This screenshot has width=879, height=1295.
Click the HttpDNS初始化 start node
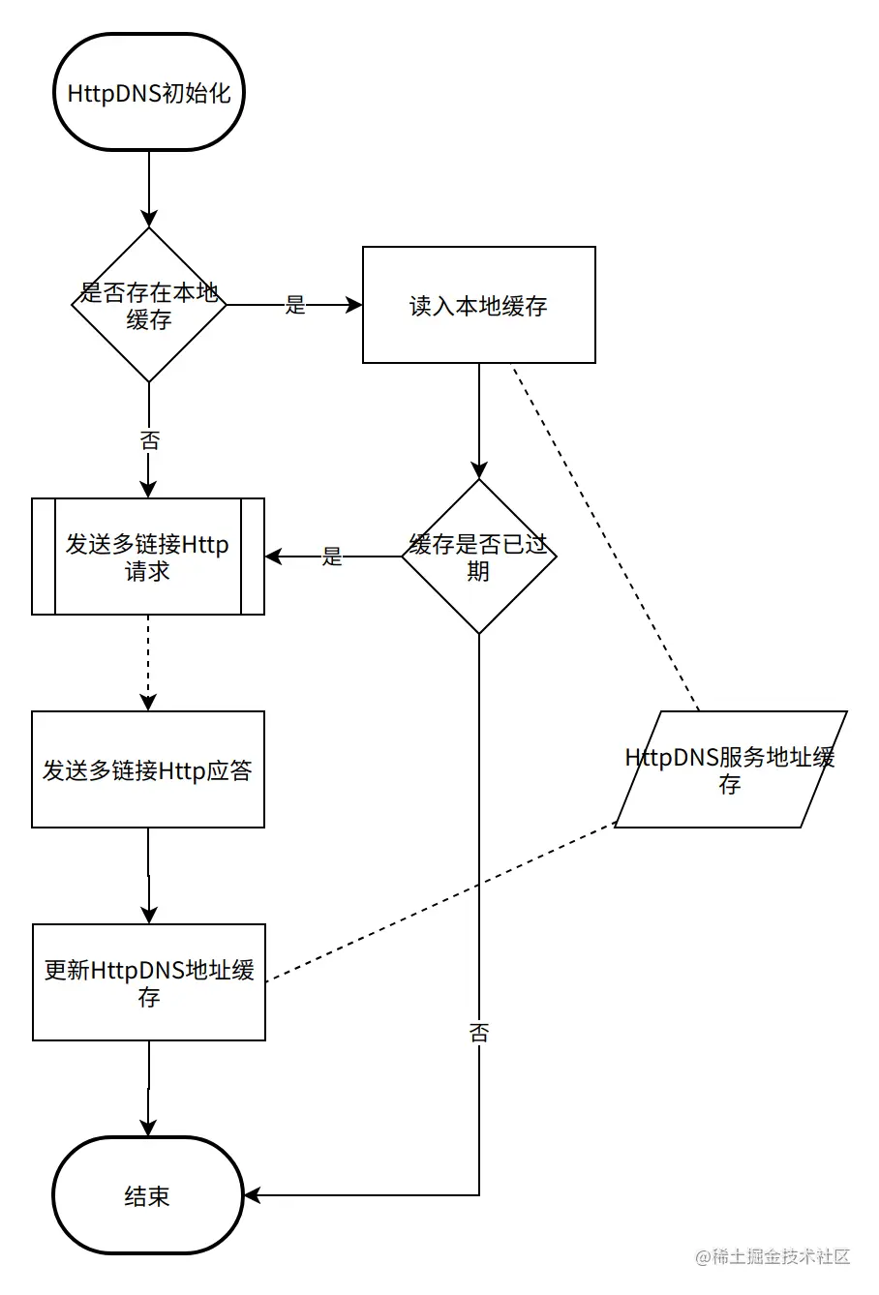point(148,93)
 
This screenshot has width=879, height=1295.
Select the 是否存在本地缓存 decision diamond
point(148,305)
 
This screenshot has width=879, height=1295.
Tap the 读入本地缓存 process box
point(478,306)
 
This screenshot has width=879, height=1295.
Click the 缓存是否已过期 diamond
point(478,557)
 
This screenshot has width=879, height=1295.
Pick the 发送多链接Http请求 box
point(148,557)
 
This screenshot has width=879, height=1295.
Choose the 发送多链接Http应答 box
point(148,769)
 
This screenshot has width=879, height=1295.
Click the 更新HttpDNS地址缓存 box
point(148,982)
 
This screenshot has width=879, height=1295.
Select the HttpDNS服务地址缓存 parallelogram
point(730,769)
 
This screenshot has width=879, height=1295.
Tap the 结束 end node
point(148,1195)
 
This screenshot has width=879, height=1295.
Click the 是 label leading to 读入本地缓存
point(295,305)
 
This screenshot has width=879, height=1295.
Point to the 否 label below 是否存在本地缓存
point(149,441)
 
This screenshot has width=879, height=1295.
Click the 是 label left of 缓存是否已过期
point(332,557)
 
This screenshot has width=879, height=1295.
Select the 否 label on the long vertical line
point(479,1032)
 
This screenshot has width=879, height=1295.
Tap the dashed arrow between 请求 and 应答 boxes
point(148,663)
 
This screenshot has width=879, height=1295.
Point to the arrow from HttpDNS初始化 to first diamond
point(148,189)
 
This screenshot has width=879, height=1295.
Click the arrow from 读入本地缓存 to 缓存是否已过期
point(478,421)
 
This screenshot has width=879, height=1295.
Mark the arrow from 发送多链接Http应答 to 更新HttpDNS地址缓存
point(148,876)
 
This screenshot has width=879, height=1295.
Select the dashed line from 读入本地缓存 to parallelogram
point(605,537)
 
